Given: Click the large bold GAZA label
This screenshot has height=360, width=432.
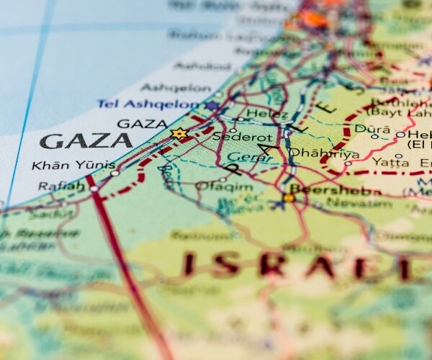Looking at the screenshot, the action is [86, 140].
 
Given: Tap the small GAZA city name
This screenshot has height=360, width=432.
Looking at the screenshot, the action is [142, 123].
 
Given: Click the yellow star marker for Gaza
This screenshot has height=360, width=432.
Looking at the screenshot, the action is [179, 133].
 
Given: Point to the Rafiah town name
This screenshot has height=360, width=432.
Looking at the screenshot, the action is [61, 188].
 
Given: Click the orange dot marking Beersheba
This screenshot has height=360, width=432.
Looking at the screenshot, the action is [289, 197].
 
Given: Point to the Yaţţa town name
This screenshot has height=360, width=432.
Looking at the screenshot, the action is [391, 161].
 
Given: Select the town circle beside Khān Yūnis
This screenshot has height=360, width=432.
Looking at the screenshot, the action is [114, 174].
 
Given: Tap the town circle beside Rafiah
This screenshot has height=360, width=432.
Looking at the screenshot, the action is [94, 189].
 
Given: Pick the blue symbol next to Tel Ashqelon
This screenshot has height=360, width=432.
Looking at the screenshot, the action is [212, 106].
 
